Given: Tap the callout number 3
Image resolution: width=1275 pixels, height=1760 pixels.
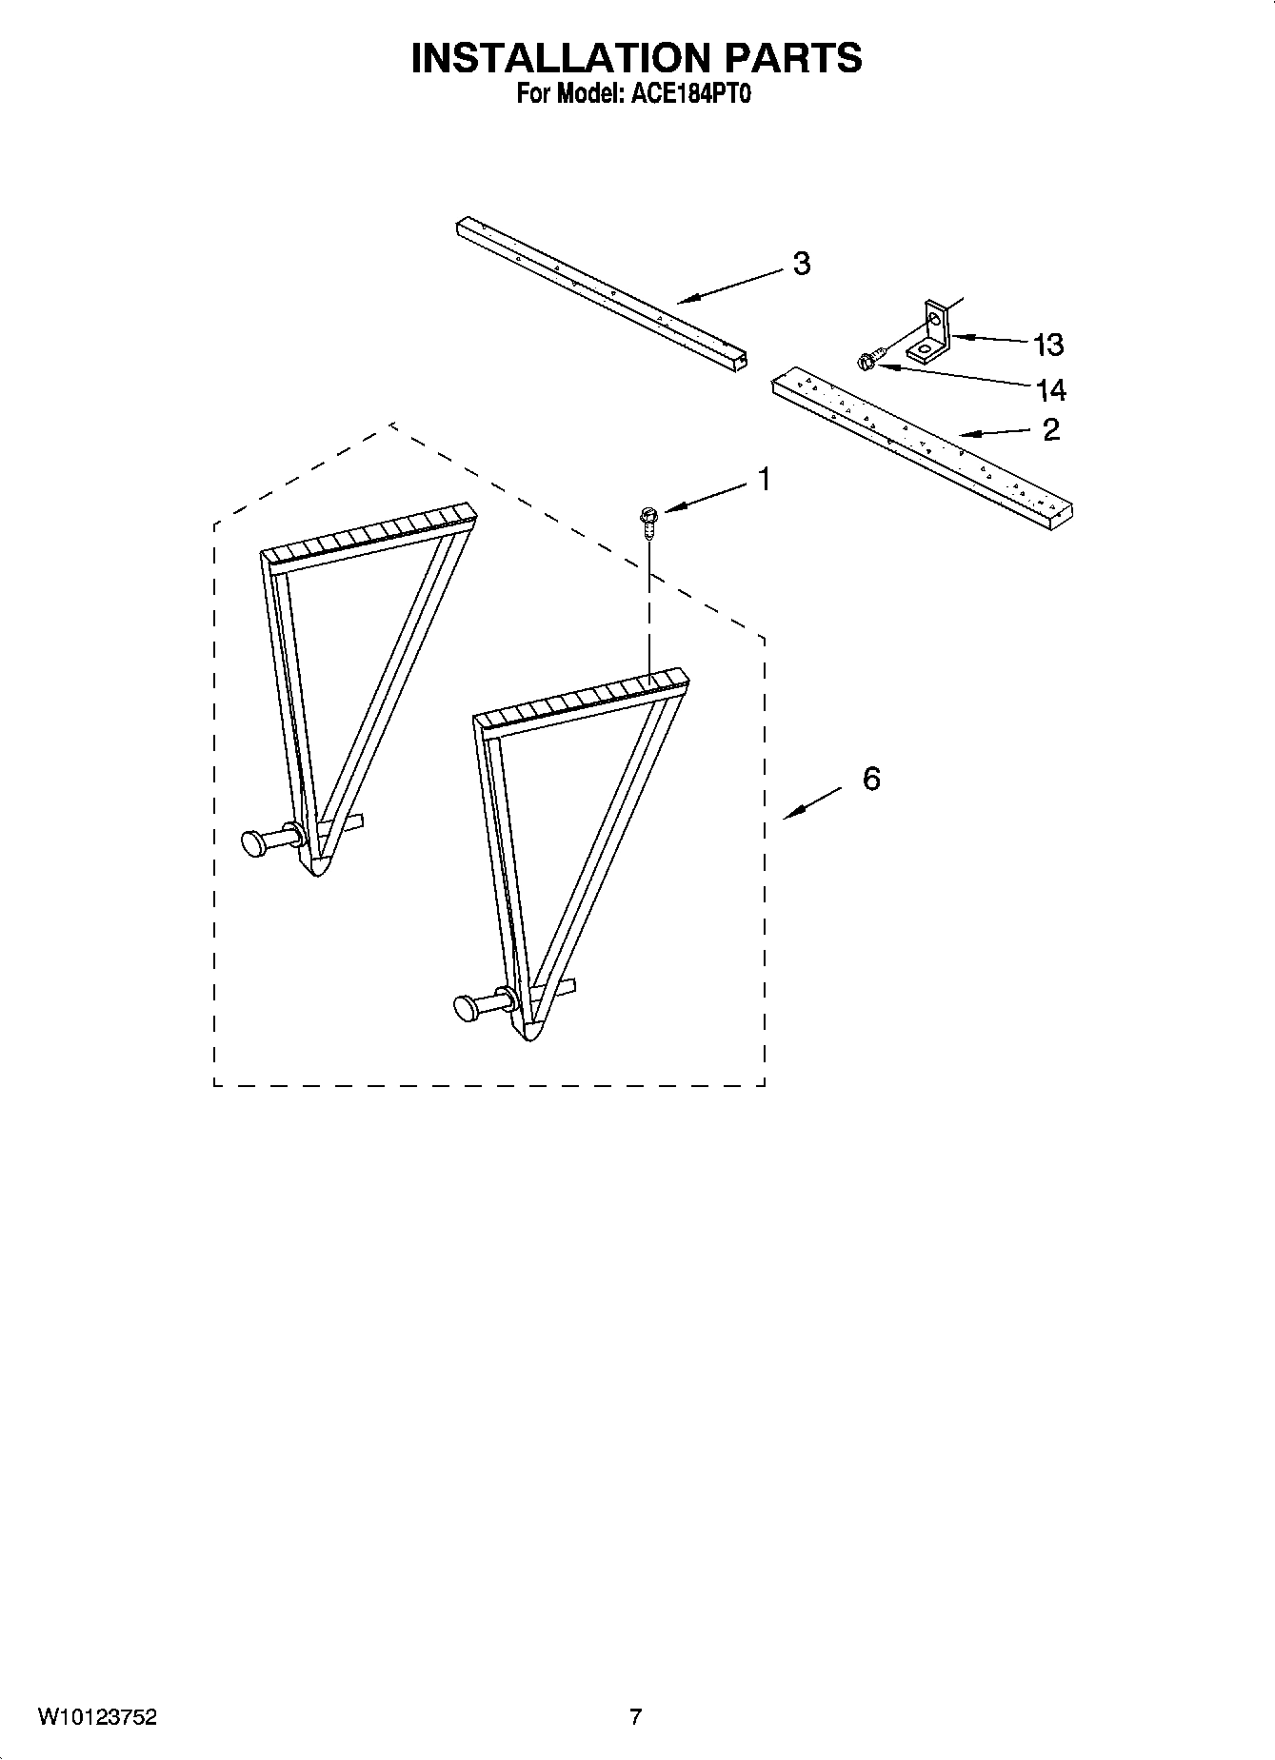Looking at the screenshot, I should (802, 264).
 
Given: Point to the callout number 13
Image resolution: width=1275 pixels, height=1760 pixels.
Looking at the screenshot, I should (1048, 345).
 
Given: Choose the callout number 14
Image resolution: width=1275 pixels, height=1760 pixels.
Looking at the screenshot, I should (1050, 389).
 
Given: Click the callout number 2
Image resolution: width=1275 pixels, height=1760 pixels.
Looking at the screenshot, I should (1050, 430).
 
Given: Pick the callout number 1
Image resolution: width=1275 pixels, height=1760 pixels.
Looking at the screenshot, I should (763, 481).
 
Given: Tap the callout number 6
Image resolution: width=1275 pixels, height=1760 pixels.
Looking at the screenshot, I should (871, 779).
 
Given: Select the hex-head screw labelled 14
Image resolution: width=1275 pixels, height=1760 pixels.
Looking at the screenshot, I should (868, 361).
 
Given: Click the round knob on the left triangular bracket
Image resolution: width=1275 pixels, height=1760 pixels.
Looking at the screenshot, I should (254, 842).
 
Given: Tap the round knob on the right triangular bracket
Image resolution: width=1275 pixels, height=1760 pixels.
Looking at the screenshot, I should (466, 1006).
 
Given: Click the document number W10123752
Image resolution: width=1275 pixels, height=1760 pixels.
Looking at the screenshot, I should (97, 1718).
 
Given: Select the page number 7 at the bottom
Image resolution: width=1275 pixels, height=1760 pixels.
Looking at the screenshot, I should (636, 1718).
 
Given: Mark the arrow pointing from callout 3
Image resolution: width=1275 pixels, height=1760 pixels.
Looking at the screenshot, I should (733, 287).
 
